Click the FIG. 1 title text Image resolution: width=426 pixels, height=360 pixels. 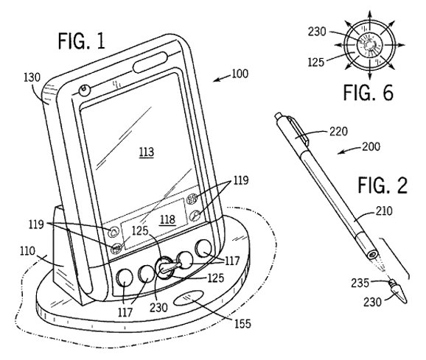82,40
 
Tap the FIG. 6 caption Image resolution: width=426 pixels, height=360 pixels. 368,92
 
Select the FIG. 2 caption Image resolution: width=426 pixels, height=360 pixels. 383,185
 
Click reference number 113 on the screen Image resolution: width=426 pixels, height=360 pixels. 147,152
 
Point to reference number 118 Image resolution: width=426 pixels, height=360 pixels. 167,219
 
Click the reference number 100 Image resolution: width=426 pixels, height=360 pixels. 240,74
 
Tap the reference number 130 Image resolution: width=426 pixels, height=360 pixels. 32,77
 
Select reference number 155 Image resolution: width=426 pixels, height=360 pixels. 242,323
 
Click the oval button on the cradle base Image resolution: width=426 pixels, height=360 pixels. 189,297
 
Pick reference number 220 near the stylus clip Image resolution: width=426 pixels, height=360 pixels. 338,132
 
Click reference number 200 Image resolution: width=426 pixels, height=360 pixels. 371,147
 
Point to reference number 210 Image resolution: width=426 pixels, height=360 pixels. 384,211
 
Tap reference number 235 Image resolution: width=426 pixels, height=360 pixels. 360,283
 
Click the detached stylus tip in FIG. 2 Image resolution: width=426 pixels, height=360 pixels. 399,292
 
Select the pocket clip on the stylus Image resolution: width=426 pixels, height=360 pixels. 298,130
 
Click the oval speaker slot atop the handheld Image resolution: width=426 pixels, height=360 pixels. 150,62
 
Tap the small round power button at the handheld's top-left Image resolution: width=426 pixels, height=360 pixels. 85,90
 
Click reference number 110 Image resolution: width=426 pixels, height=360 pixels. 27,250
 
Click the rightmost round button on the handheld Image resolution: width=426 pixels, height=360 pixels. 203,247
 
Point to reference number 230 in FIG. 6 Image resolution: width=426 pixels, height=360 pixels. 317,32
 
